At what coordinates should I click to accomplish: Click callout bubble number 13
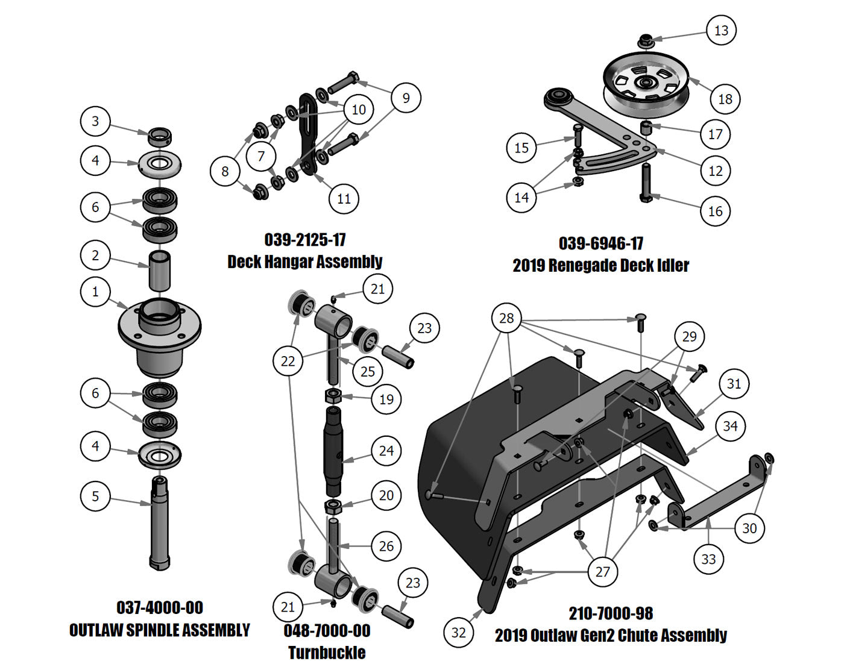[x=721, y=30]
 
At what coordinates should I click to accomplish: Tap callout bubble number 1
[x=95, y=292]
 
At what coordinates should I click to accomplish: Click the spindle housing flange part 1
[x=159, y=331]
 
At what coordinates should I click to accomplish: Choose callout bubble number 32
[x=458, y=632]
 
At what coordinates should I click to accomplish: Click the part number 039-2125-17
[x=305, y=240]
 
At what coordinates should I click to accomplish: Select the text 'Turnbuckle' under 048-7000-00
[x=326, y=653]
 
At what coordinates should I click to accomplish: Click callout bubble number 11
[x=344, y=198]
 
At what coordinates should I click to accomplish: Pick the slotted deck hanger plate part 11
[x=309, y=133]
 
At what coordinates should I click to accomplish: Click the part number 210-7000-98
[x=611, y=613]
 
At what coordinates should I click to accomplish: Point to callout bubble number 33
[x=708, y=559]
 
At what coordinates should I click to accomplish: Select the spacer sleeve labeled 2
[x=160, y=271]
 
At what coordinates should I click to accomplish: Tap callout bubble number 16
[x=715, y=211]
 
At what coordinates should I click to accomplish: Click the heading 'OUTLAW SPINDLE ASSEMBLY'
[x=159, y=630]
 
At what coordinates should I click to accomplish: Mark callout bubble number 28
[x=506, y=318]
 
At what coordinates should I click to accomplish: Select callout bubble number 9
[x=406, y=98]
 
